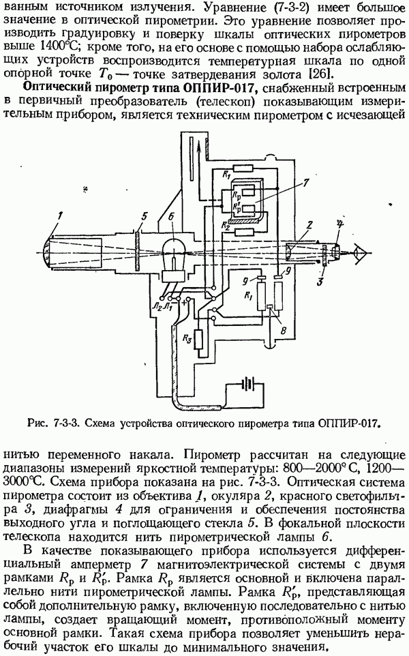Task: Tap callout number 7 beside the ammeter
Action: tap(306, 182)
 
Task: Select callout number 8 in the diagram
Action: tap(273, 329)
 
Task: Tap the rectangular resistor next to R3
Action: tap(198, 340)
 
